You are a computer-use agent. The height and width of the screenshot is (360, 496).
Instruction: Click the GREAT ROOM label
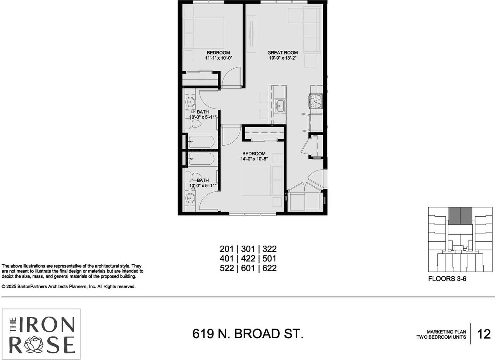[x=282, y=53]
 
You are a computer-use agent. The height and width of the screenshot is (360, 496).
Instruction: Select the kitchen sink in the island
[x=280, y=105]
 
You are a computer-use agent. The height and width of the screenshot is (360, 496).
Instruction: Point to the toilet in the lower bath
[x=193, y=177]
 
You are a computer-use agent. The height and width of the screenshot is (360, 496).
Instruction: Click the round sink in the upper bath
[x=190, y=103]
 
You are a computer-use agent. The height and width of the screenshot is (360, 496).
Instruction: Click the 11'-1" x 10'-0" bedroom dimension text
[x=218, y=58]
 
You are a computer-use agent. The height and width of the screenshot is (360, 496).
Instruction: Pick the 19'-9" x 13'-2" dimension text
[x=282, y=58]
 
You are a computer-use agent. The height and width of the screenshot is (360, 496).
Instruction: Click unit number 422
[x=249, y=258]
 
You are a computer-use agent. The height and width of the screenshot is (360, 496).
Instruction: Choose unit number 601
[x=249, y=268]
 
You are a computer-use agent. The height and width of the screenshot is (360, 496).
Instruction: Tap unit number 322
[x=269, y=249]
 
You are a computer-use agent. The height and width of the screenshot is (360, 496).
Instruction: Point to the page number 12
[x=484, y=334]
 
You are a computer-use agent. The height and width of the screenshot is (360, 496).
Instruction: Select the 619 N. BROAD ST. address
[x=248, y=334]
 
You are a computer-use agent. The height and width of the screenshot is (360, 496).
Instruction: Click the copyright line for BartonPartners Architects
[x=69, y=287]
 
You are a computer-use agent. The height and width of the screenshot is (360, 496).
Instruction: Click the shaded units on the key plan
[x=460, y=216]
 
